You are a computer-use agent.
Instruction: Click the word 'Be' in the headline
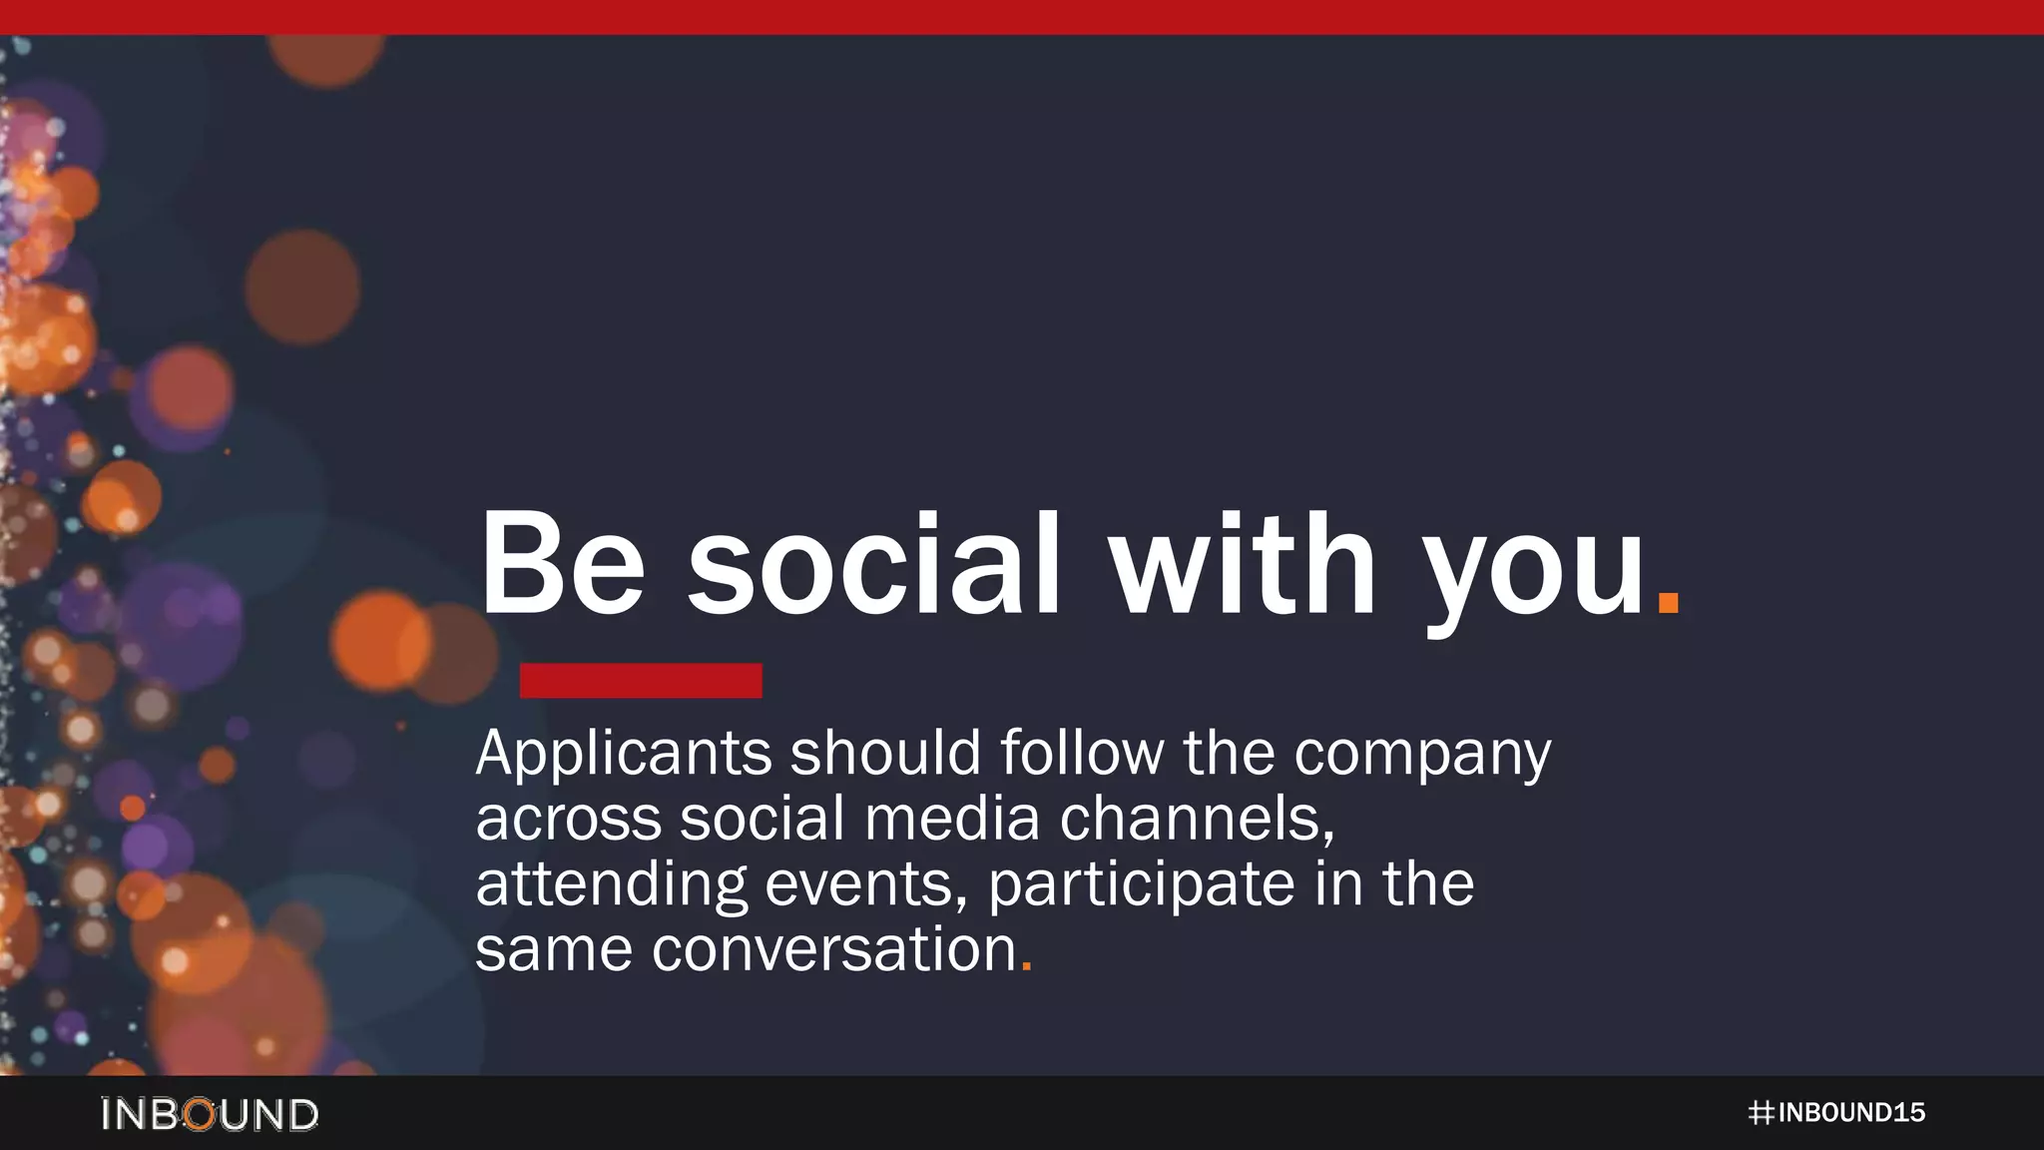click(x=563, y=565)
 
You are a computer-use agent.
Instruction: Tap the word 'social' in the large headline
click(x=873, y=565)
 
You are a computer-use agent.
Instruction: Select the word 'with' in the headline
click(x=1244, y=565)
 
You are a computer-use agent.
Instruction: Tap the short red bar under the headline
click(x=641, y=681)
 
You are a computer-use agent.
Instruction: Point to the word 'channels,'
click(x=1197, y=819)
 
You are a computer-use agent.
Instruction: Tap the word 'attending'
click(x=611, y=885)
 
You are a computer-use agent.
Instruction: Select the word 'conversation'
click(x=834, y=949)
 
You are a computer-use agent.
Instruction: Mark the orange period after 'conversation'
click(x=1027, y=966)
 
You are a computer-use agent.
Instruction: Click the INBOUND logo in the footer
click(x=210, y=1114)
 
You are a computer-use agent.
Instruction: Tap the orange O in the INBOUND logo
click(x=201, y=1114)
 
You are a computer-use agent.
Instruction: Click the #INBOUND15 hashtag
click(x=1836, y=1113)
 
